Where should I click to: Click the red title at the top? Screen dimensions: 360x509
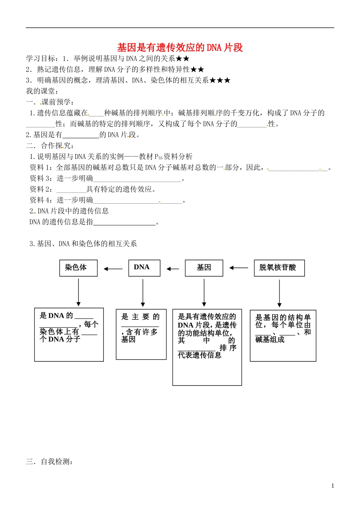pyautogui.click(x=180, y=47)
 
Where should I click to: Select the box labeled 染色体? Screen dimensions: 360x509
pyautogui.click(x=78, y=268)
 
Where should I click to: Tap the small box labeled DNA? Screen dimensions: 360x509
pyautogui.click(x=144, y=268)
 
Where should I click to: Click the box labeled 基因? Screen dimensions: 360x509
pyautogui.click(x=204, y=268)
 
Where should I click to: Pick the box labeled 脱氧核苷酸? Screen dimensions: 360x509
pyautogui.click(x=279, y=268)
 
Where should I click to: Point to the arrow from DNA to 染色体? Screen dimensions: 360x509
pyautogui.click(x=113, y=269)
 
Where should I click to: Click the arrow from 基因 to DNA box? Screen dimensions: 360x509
pyautogui.click(x=172, y=269)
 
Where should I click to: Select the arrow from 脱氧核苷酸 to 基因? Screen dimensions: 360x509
pyautogui.click(x=238, y=268)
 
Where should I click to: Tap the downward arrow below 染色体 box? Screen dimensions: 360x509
pyautogui.click(x=78, y=292)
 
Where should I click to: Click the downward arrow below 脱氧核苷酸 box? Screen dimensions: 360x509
pyautogui.click(x=279, y=293)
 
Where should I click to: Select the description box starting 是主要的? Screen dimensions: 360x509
pyautogui.click(x=141, y=334)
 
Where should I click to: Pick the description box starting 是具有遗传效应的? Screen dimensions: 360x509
pyautogui.click(x=207, y=347)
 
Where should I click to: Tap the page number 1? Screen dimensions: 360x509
pyautogui.click(x=333, y=486)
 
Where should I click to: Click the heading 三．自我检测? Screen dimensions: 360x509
pyautogui.click(x=49, y=462)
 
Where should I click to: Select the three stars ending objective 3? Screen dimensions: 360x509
pyautogui.click(x=220, y=80)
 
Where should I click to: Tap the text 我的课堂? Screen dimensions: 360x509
pyautogui.click(x=42, y=91)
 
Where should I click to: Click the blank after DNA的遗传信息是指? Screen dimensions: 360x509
pyautogui.click(x=124, y=223)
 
